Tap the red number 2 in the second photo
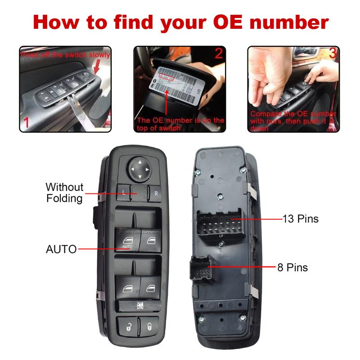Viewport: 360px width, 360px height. click(218, 54)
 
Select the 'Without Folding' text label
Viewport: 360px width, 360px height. click(64, 193)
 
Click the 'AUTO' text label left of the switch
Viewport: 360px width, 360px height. click(61, 249)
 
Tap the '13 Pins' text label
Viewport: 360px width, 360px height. click(300, 219)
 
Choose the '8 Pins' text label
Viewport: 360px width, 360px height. click(292, 267)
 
